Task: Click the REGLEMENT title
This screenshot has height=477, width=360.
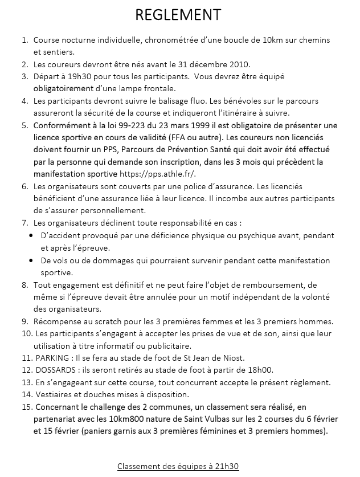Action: click(178, 14)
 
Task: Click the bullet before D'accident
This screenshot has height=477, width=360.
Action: click(31, 236)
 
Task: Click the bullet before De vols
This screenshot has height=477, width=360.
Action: click(31, 260)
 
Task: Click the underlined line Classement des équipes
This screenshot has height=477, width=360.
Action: click(178, 466)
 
